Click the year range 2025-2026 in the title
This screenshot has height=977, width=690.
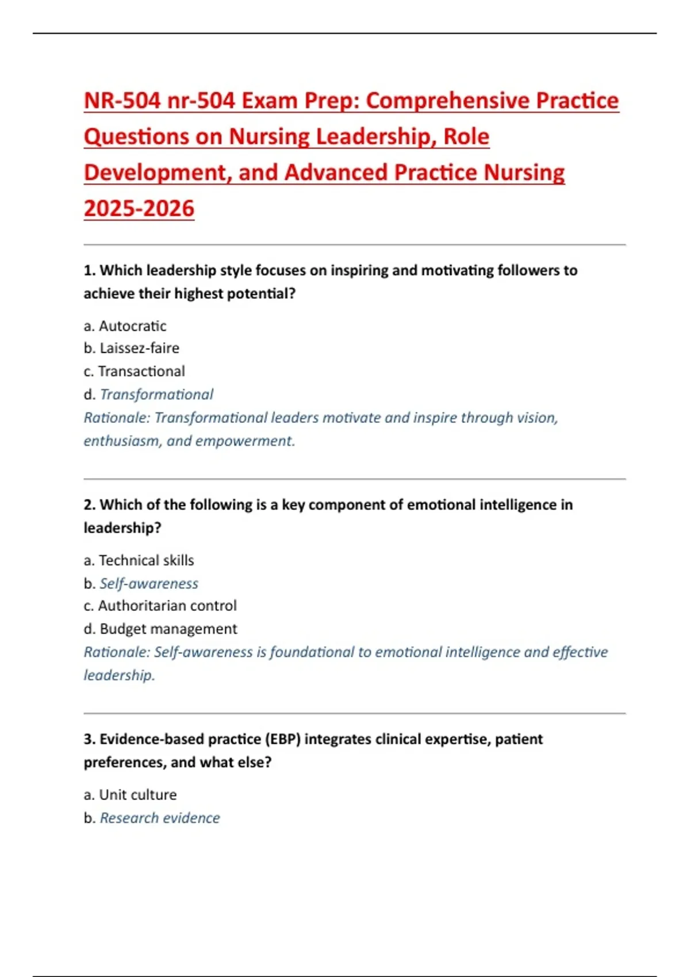coord(139,208)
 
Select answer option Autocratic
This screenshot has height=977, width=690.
coord(132,326)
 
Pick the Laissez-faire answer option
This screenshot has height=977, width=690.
coord(139,348)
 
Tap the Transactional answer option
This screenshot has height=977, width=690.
coord(141,371)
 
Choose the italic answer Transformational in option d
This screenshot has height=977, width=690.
coord(156,394)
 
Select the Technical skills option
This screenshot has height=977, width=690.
coord(146,560)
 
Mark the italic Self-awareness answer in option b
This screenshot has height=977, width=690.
coord(149,583)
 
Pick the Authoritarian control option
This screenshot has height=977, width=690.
coord(167,606)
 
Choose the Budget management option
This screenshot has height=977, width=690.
coord(168,629)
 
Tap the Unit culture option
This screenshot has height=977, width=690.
coord(137,795)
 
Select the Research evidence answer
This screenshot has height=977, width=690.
coord(160,818)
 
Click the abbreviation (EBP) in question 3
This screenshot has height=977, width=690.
coord(282,739)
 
